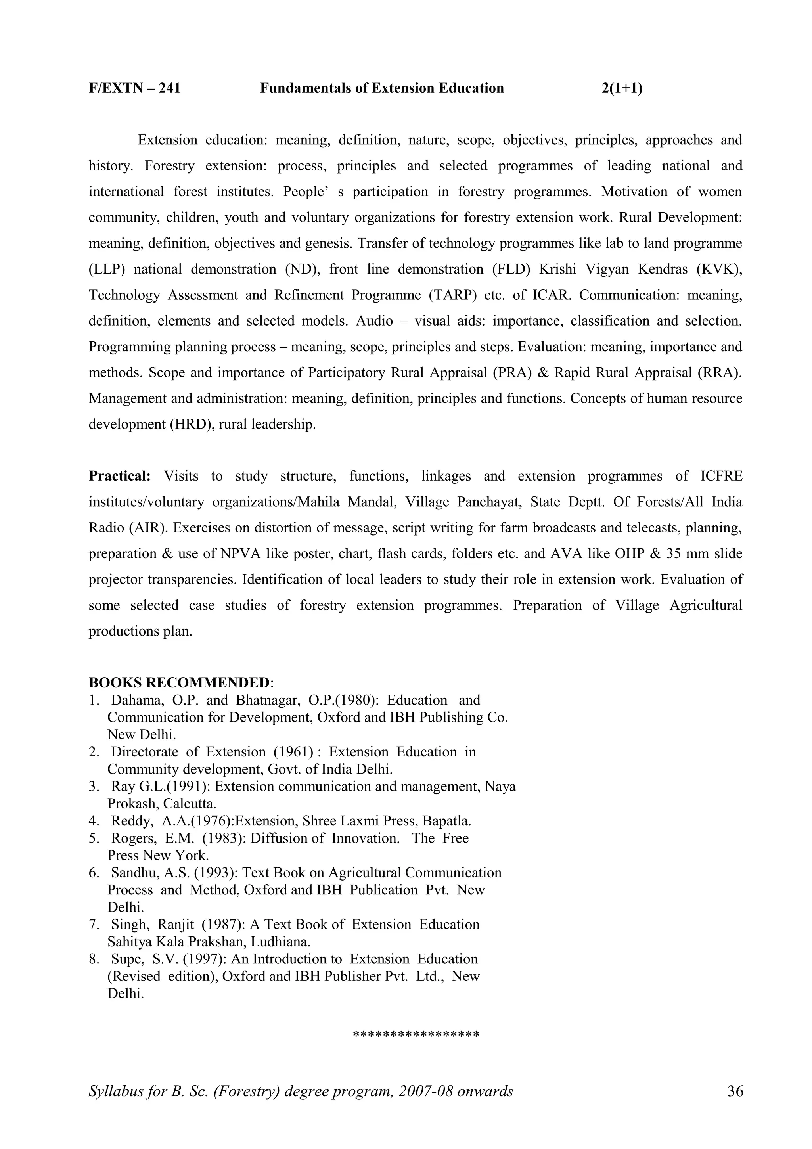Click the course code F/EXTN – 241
pos(134,88)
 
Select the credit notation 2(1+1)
pos(622,88)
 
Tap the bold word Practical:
pos(120,476)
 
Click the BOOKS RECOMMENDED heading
pos(179,683)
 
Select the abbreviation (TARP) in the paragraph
pos(452,295)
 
